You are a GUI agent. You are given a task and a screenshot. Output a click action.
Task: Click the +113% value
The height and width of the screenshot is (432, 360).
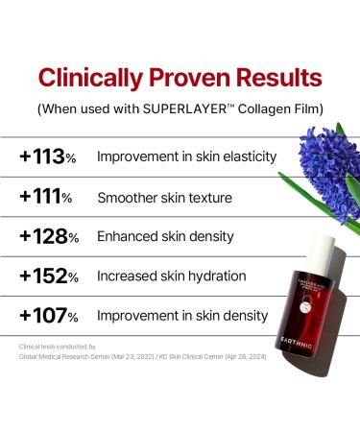pyautogui.click(x=49, y=156)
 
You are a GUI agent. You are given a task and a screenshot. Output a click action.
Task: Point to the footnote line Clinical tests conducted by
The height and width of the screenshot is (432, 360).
pyautogui.click(x=58, y=346)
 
